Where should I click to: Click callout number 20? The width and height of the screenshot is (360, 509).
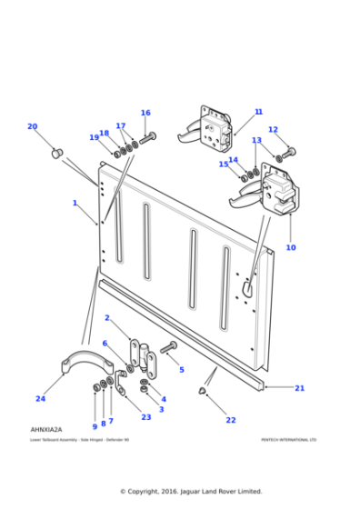click(x=32, y=126)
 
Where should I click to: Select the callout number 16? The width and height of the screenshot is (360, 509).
click(x=145, y=114)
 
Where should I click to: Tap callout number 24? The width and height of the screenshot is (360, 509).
click(x=40, y=398)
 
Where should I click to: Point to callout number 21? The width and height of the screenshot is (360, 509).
click(x=299, y=388)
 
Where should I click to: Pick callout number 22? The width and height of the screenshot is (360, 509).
click(x=231, y=420)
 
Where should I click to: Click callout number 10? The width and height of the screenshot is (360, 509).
click(x=291, y=247)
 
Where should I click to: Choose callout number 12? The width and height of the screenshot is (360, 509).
click(x=273, y=130)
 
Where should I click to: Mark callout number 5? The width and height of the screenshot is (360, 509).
click(x=181, y=369)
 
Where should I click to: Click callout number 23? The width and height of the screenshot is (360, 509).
click(x=145, y=417)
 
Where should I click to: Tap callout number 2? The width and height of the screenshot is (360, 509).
click(x=106, y=318)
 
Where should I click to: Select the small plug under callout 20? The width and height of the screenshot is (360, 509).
click(x=55, y=152)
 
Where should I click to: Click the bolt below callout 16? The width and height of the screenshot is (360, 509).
click(x=148, y=137)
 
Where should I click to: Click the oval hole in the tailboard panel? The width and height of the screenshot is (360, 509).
click(x=245, y=285)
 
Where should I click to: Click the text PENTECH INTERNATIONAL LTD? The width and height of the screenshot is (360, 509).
click(x=288, y=439)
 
